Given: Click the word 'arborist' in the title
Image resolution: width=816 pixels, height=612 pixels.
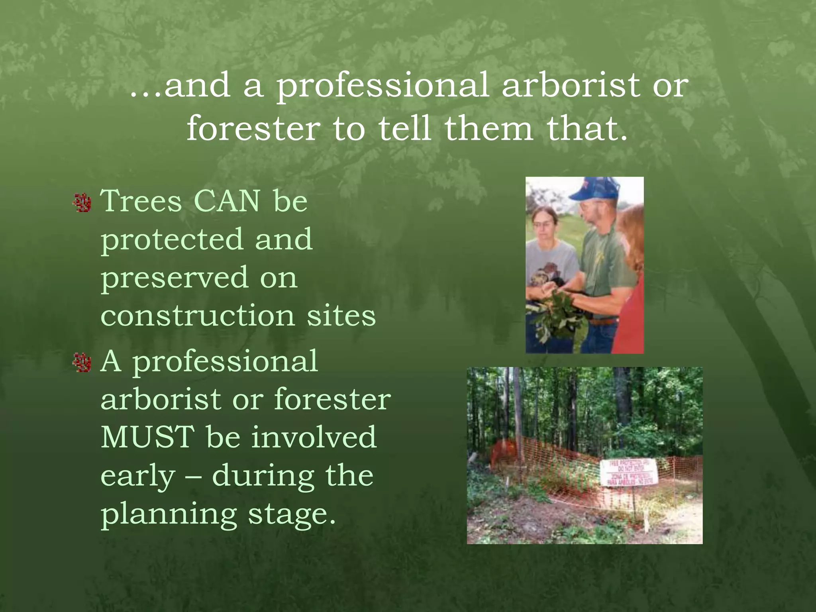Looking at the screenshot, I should (x=570, y=85).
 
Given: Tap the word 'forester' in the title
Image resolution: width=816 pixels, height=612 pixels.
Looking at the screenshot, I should (x=253, y=128).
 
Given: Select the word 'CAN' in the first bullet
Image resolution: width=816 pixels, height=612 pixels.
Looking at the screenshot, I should (x=227, y=201).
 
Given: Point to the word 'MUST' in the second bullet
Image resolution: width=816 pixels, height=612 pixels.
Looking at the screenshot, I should (x=148, y=437).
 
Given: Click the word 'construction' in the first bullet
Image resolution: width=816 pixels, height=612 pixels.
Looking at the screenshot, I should (x=198, y=316).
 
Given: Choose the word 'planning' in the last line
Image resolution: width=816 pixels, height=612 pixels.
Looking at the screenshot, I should (x=169, y=515).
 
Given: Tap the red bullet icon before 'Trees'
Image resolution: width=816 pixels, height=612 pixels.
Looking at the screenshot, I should (x=83, y=202).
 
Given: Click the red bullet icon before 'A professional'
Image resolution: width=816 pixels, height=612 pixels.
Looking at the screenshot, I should (x=83, y=363).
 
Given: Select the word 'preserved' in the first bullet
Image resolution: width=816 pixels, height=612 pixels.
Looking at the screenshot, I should (x=175, y=278).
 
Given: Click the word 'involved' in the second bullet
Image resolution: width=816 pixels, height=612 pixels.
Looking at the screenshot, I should (x=314, y=437).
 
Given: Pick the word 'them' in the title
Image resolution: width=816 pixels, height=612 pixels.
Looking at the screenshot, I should (x=489, y=128).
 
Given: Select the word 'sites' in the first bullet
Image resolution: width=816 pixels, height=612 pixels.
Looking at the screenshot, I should (x=341, y=316).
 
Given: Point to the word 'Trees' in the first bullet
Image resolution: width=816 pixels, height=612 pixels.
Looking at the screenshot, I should (x=141, y=201).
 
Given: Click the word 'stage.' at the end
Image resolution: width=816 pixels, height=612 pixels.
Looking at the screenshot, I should (x=292, y=515).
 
